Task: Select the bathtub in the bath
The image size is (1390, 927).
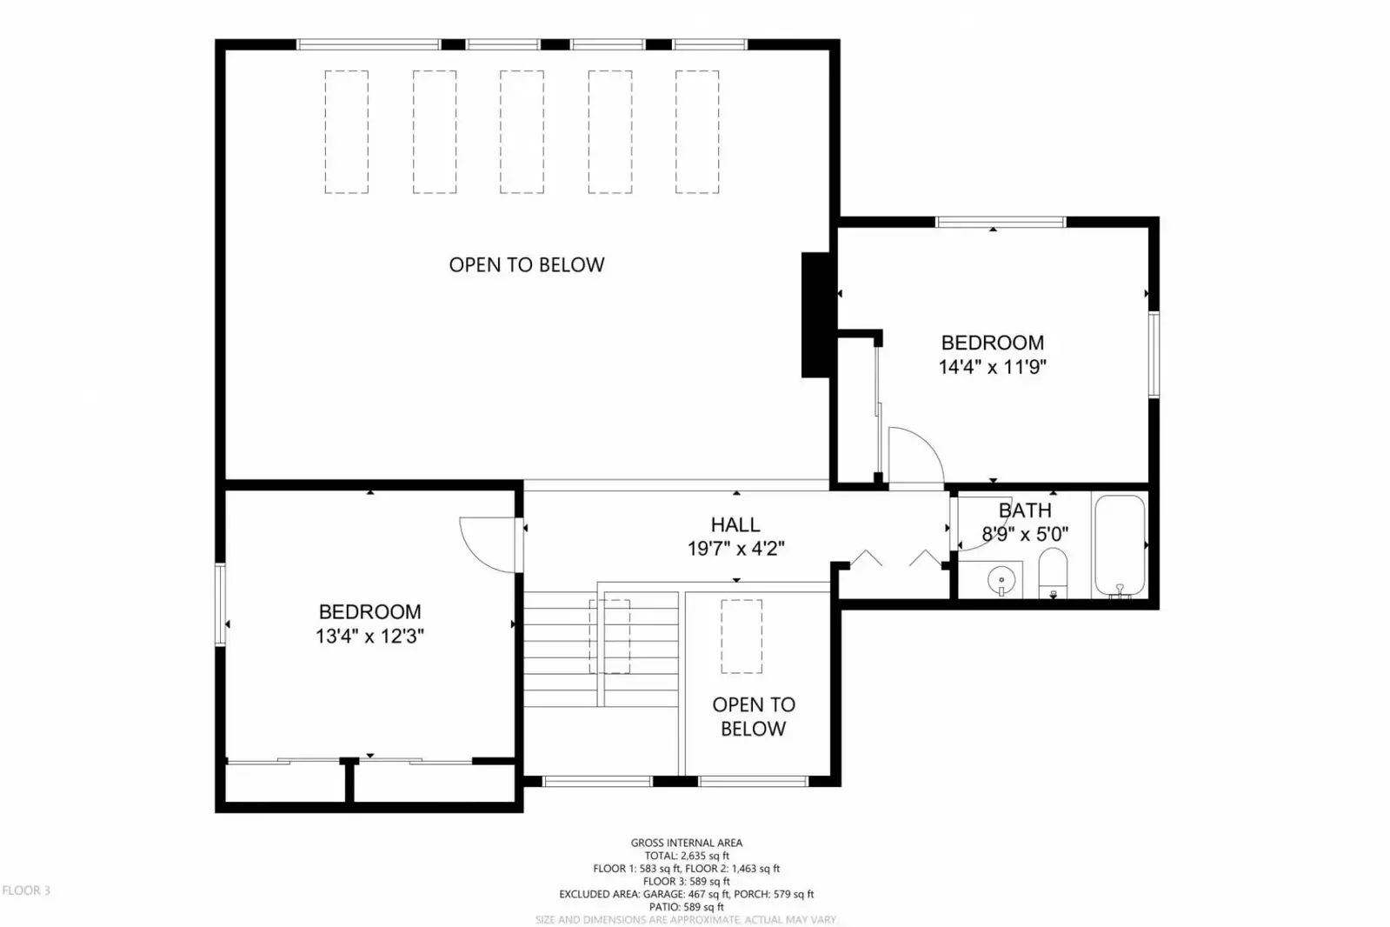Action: coord(1120,546)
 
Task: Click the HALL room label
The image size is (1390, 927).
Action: coord(735,524)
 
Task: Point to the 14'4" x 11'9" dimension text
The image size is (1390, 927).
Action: coord(992,367)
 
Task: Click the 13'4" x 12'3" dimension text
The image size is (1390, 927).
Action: coord(369,637)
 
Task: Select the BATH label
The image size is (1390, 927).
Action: coord(1025,510)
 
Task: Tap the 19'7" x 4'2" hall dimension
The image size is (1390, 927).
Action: coord(736,549)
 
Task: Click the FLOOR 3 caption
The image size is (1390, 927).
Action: coord(26,890)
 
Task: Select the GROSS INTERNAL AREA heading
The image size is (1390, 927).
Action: coord(687,843)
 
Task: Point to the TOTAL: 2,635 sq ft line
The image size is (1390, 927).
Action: coord(687,856)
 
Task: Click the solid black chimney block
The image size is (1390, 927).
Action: coord(816,315)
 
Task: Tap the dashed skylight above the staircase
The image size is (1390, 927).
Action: coord(609,637)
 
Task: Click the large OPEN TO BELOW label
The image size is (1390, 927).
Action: coord(527,265)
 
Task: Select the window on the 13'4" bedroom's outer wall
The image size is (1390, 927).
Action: coord(220,604)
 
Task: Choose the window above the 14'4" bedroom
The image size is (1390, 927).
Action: coord(1001,222)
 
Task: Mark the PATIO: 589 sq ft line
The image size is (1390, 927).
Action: coord(687,907)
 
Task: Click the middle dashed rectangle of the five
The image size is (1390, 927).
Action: coord(522,131)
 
